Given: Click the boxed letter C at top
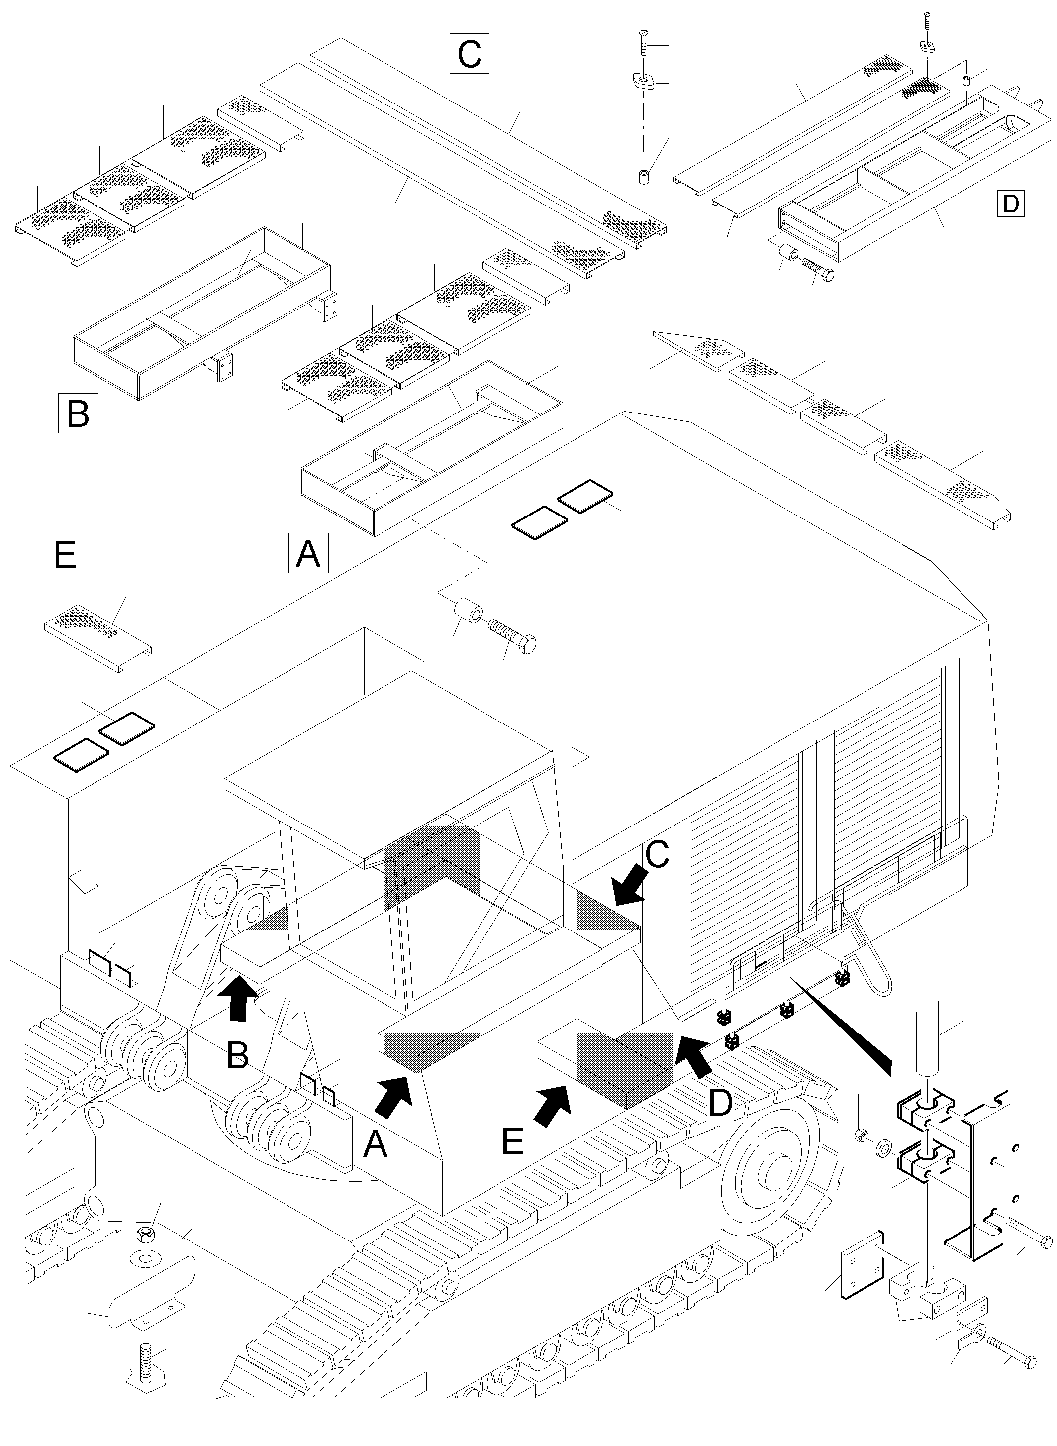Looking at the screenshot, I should tap(469, 53).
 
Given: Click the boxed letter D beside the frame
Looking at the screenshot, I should tap(1010, 204).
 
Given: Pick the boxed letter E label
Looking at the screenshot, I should tap(65, 554).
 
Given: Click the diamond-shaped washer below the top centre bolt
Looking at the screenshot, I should tap(642, 82).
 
